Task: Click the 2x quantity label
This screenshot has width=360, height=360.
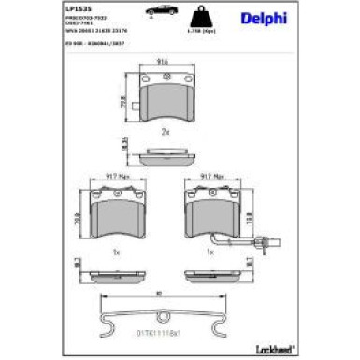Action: (x=166, y=131)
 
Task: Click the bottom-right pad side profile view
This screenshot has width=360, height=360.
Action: (x=212, y=277)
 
